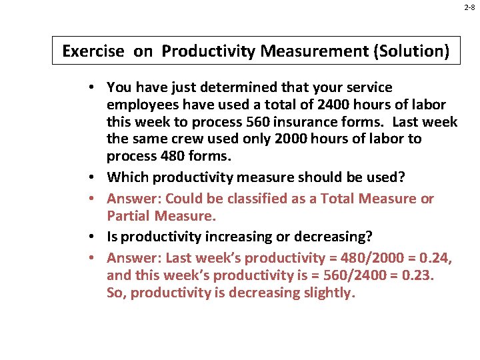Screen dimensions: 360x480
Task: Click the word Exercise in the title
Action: pos(93,51)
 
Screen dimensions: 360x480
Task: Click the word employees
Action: pos(140,105)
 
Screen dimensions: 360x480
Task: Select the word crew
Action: pos(200,139)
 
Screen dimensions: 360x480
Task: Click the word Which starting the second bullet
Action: pos(127,177)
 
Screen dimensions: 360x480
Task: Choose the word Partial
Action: pos(128,216)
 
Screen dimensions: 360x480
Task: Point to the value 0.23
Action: pos(417,275)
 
